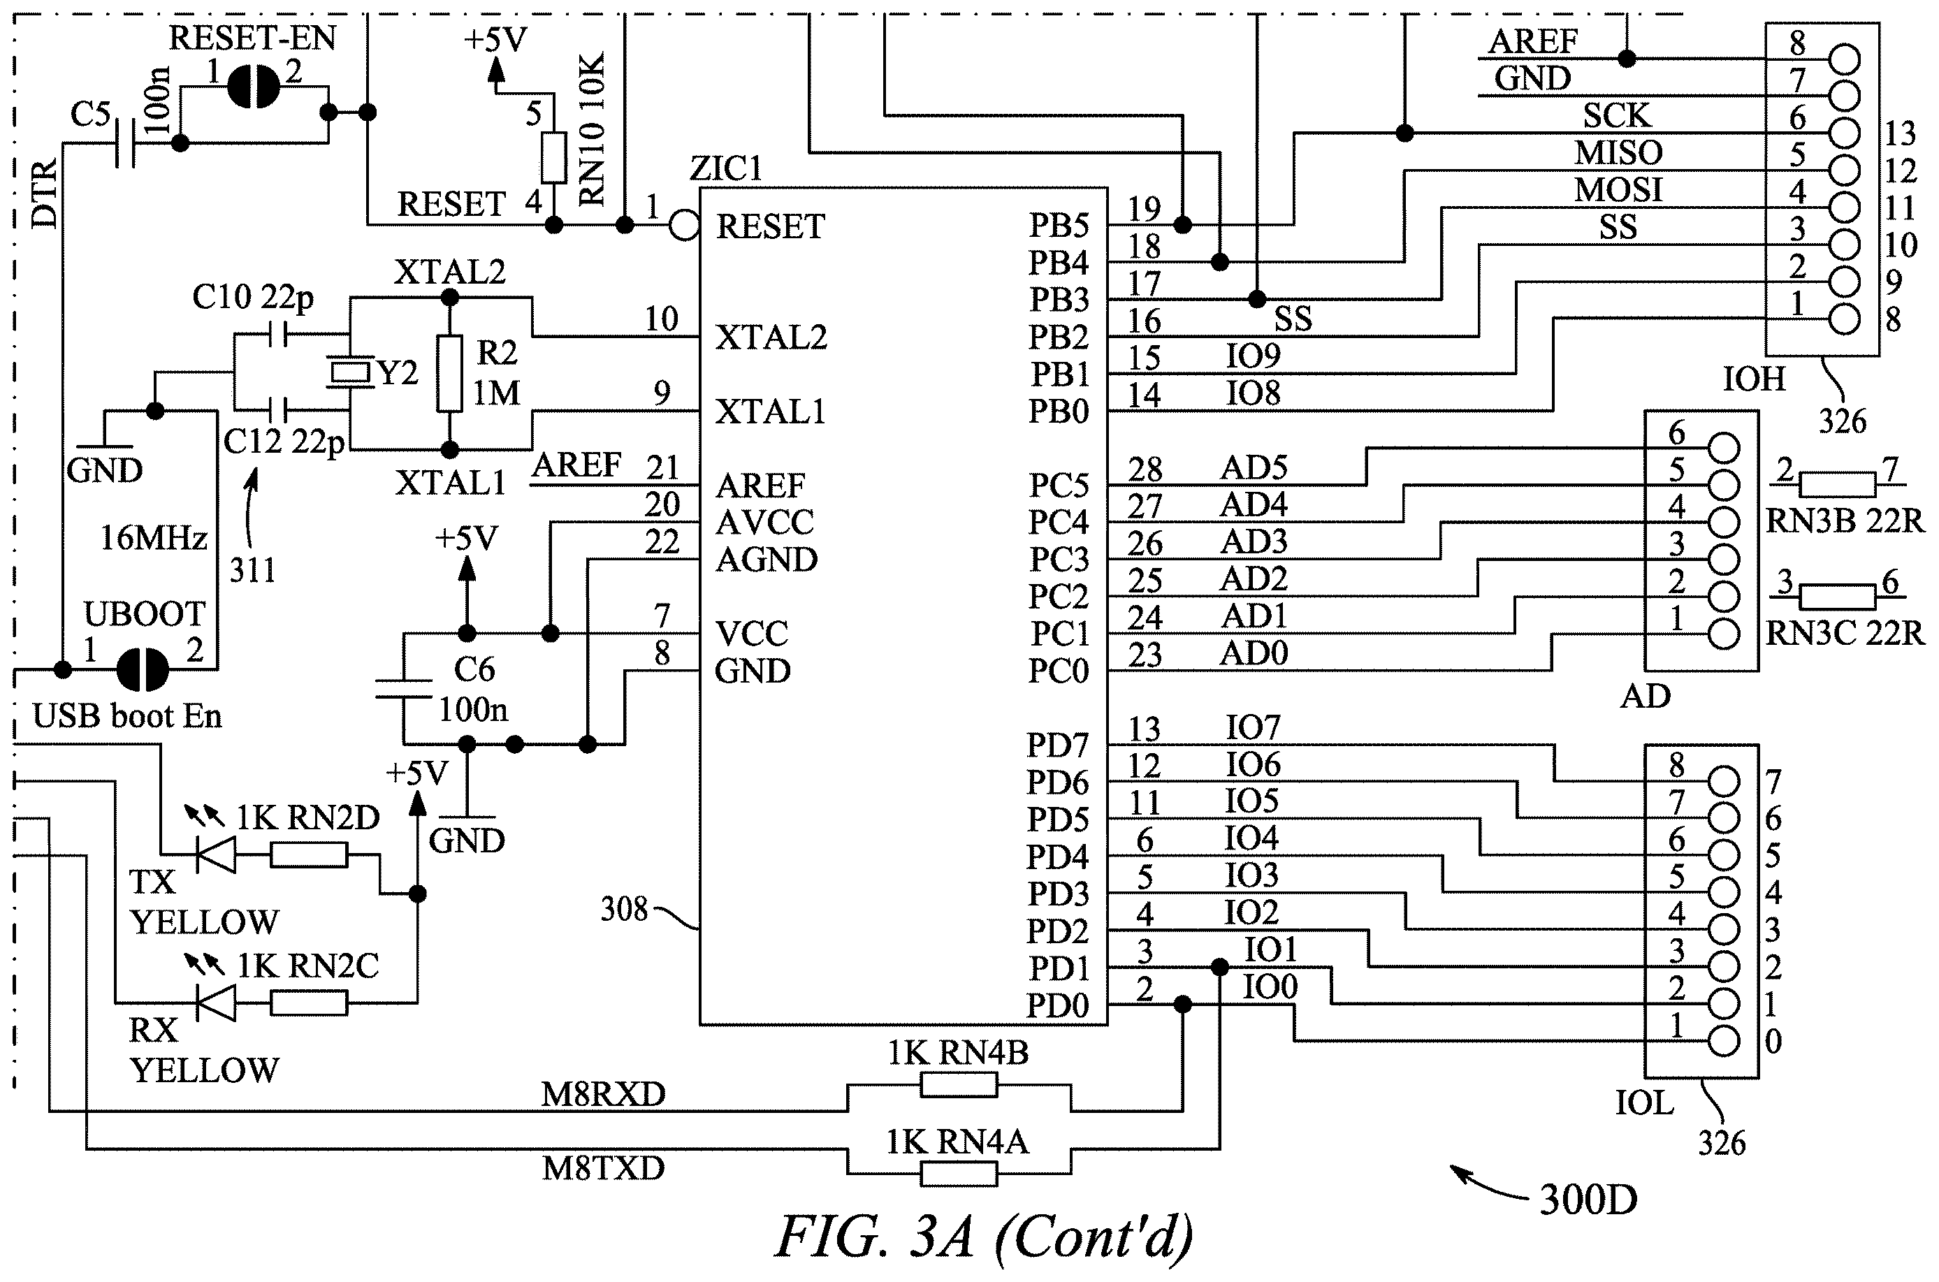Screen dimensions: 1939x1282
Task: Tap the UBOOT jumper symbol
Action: (143, 669)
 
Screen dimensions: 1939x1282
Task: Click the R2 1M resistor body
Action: (449, 374)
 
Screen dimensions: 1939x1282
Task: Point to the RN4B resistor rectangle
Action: (959, 1085)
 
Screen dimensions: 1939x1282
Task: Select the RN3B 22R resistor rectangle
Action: (1837, 485)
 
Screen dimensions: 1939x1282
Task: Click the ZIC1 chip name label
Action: (725, 168)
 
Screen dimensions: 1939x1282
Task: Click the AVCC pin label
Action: (764, 523)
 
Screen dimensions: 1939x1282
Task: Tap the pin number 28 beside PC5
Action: (1145, 469)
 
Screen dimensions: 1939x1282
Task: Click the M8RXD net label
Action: (604, 1094)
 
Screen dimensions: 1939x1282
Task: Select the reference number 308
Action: (623, 908)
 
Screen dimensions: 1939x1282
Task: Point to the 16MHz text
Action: (153, 538)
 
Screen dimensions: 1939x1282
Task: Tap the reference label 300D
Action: (1588, 1200)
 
